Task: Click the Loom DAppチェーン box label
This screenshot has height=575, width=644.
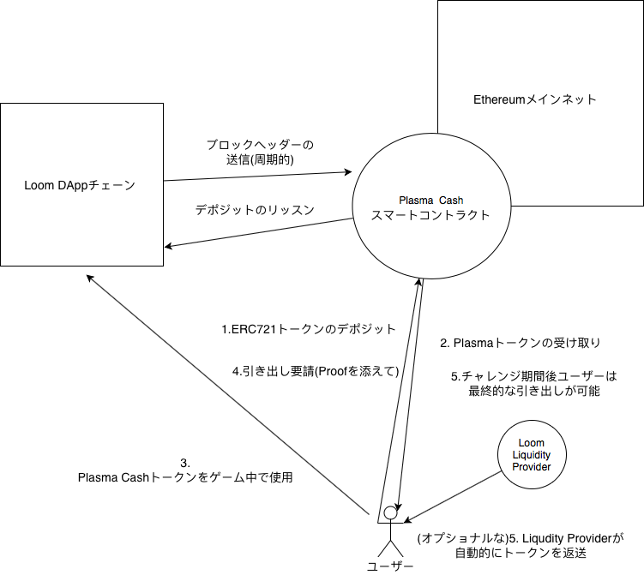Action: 81,184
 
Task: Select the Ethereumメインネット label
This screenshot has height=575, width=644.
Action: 535,99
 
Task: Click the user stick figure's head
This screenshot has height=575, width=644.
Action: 391,513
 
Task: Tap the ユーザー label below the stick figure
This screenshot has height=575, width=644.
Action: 390,567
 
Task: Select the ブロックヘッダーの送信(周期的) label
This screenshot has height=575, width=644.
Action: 261,151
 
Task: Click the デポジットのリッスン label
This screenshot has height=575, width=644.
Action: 255,210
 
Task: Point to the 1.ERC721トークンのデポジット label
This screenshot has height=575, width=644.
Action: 309,329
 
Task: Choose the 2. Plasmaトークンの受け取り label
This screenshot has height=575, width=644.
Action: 520,343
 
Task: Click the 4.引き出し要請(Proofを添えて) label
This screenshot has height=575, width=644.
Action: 317,371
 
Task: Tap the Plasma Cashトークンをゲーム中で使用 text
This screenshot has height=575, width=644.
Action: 185,477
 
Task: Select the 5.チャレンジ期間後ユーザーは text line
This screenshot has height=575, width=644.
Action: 534,376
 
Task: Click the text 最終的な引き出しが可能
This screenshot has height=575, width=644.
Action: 535,391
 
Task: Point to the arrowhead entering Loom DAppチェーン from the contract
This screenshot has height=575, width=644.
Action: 168,247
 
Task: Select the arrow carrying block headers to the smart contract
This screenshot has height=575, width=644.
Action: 257,176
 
